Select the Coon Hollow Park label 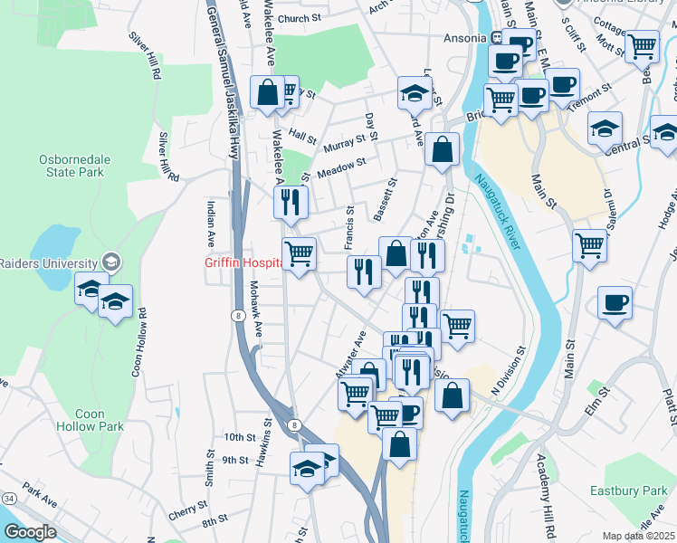pos(99,420)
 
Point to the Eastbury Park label pos(628,491)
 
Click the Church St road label pos(300,18)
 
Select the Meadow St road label pos(340,165)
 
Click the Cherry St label pos(188,510)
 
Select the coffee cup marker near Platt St pos(615,302)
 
